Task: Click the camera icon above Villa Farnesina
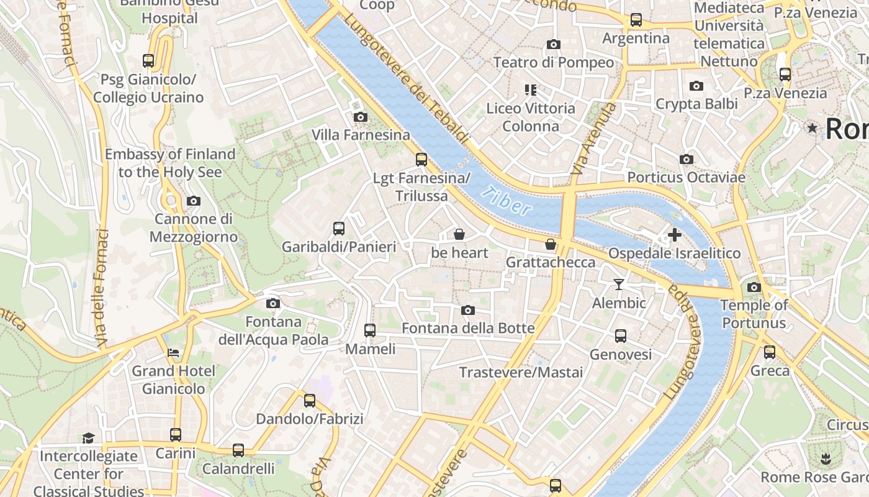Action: pos(360,117)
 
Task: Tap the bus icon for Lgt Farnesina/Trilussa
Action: pos(421,160)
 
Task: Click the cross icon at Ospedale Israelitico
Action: pos(674,235)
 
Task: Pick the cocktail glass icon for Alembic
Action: pos(618,285)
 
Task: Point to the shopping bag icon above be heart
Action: pos(459,234)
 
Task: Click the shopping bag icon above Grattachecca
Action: pos(550,244)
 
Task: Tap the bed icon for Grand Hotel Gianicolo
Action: pos(173,353)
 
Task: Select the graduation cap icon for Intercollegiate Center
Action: pos(88,438)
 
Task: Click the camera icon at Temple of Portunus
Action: pos(754,287)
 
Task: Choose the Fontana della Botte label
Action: pos(468,328)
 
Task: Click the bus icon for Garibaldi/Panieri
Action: pos(338,228)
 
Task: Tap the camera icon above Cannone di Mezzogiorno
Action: pos(194,201)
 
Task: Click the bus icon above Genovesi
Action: pos(620,336)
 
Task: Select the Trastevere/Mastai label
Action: pos(521,373)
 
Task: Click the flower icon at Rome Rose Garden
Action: pos(825,459)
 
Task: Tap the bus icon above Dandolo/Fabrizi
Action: pos(309,401)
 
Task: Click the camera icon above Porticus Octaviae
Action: pos(686,160)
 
